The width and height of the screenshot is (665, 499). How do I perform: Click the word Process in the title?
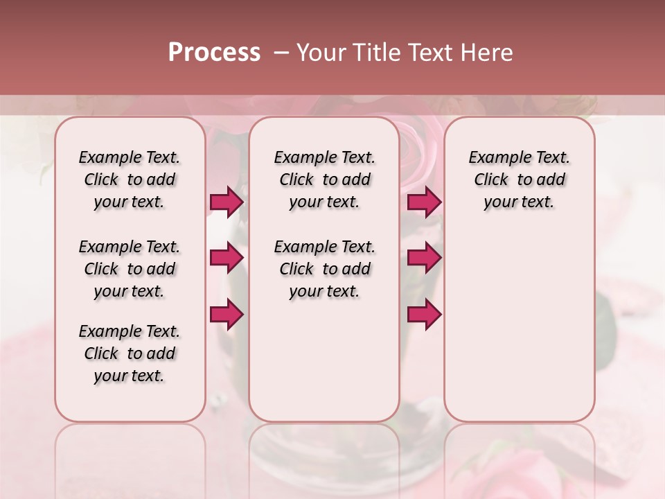pos(214,53)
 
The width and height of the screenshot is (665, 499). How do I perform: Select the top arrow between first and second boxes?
pos(227,202)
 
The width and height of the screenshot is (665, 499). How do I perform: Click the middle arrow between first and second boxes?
pos(227,258)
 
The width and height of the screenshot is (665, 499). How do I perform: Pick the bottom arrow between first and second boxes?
pos(227,314)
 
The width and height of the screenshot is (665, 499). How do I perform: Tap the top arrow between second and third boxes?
pos(424,202)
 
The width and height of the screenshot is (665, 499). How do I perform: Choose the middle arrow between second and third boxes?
pos(424,258)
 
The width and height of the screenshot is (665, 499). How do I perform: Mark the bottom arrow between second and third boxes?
pos(424,314)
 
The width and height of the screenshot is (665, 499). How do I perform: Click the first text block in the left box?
pos(130,180)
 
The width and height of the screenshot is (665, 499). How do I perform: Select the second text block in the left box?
pos(130,269)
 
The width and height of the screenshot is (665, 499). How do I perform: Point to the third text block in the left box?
pos(130,353)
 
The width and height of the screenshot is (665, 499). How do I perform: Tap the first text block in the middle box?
pos(325,180)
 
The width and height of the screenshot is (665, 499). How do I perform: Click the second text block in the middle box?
pos(325,269)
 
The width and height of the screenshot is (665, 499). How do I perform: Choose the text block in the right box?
pos(520,180)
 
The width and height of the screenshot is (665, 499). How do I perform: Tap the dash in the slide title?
pos(281,53)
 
